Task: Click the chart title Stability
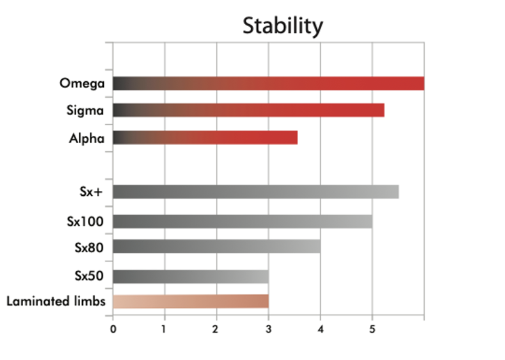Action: click(x=283, y=26)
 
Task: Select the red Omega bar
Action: click(x=268, y=84)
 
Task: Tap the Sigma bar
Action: click(x=248, y=110)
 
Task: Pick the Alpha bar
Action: click(x=205, y=138)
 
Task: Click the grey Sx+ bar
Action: click(x=255, y=192)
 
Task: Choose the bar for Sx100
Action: click(x=242, y=221)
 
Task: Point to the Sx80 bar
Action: click(x=217, y=246)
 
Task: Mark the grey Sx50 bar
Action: click(x=190, y=276)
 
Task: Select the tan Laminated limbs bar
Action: click(x=190, y=301)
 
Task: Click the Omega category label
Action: click(x=82, y=84)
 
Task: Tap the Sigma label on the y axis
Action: click(x=86, y=111)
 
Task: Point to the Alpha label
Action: click(x=87, y=138)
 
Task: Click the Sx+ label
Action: click(x=91, y=192)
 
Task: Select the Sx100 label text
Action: click(x=86, y=221)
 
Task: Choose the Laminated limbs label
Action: click(x=56, y=301)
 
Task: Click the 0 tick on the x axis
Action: click(x=113, y=329)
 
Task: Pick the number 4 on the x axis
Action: click(x=320, y=329)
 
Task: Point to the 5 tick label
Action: click(x=372, y=329)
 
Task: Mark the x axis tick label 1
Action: click(x=164, y=329)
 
